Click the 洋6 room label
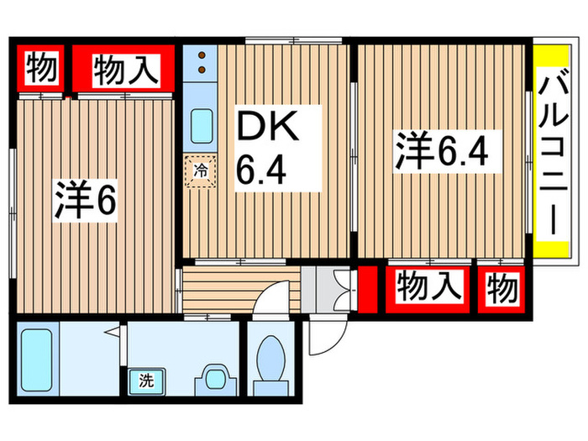pos(84,201)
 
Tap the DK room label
pos(265,127)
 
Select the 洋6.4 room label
pos(442,152)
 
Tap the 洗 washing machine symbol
pos(146,380)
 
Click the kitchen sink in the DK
pos(202,127)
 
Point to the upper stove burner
pos(202,58)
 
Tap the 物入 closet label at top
pos(124,69)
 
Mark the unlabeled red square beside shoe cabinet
pos(367,286)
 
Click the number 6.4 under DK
pos(262,170)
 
